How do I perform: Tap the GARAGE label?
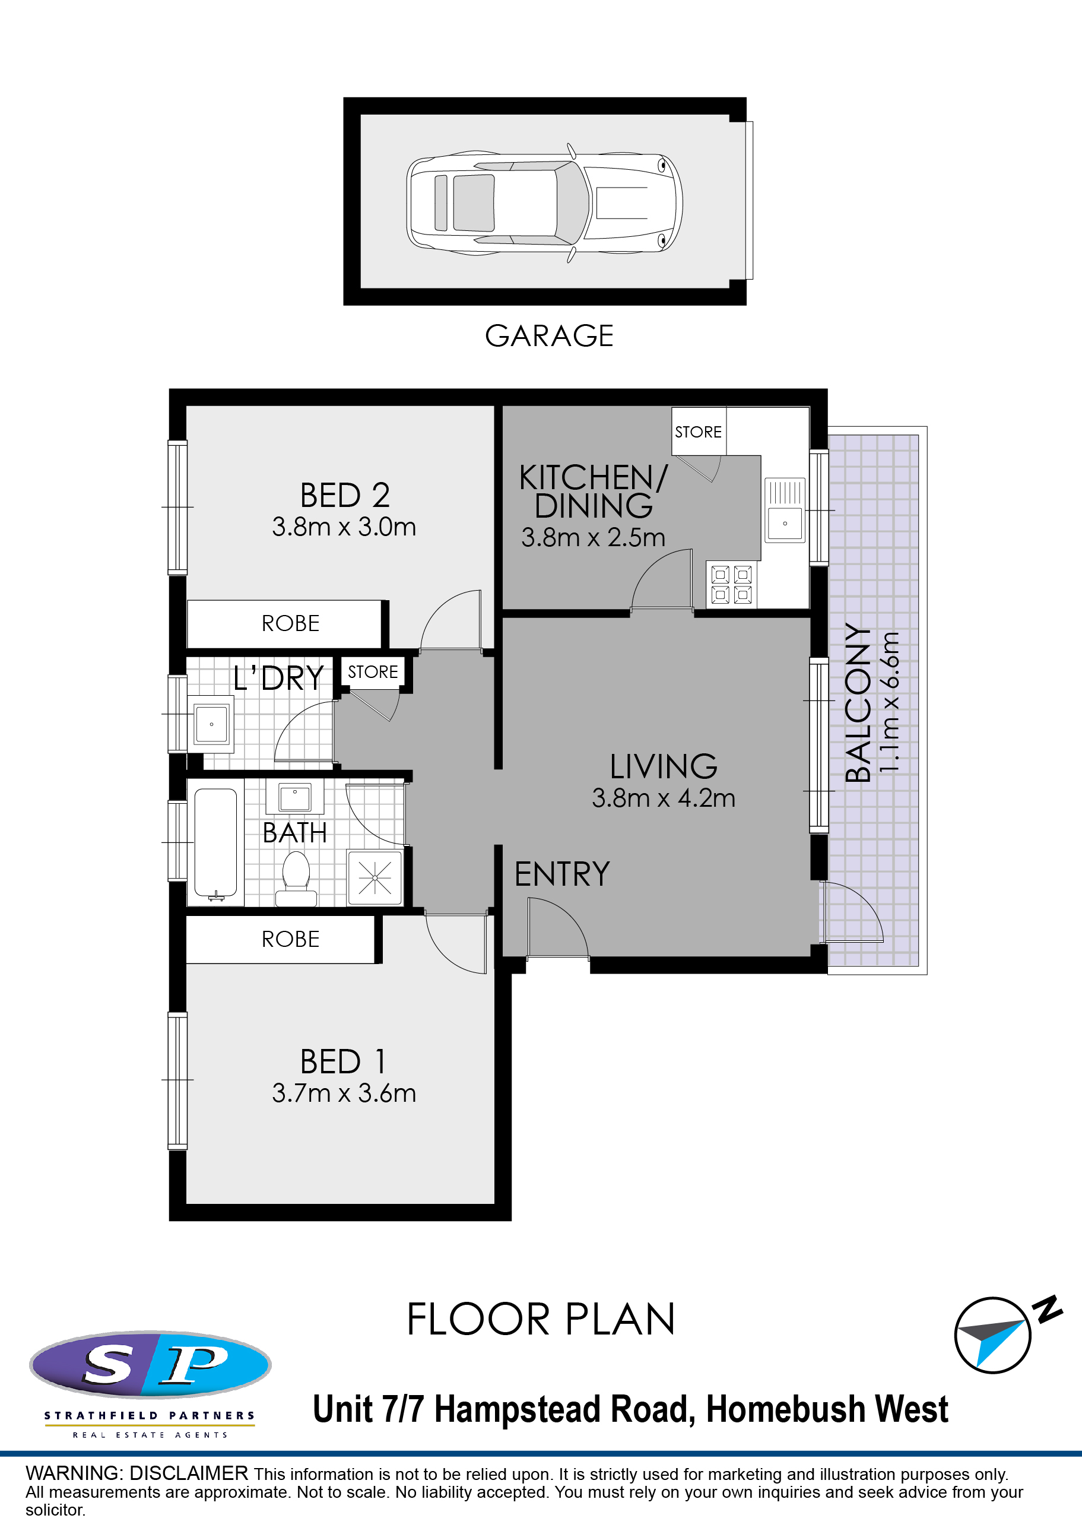(x=548, y=336)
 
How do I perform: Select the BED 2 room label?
(x=345, y=496)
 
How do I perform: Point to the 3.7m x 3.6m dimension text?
(x=344, y=1093)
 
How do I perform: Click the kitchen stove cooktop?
(x=731, y=584)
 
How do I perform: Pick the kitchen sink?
(x=785, y=509)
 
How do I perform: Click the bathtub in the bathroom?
(x=215, y=842)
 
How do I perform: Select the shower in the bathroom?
(x=375, y=877)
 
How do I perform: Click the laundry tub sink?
(x=211, y=724)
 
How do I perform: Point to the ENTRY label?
(x=562, y=874)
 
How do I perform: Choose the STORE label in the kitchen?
(x=698, y=432)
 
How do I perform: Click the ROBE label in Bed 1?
(x=291, y=939)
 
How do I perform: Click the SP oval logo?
(x=150, y=1364)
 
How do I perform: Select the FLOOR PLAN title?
(x=541, y=1320)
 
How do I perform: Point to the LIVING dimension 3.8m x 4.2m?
(x=664, y=798)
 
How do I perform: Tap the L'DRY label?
(x=279, y=678)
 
